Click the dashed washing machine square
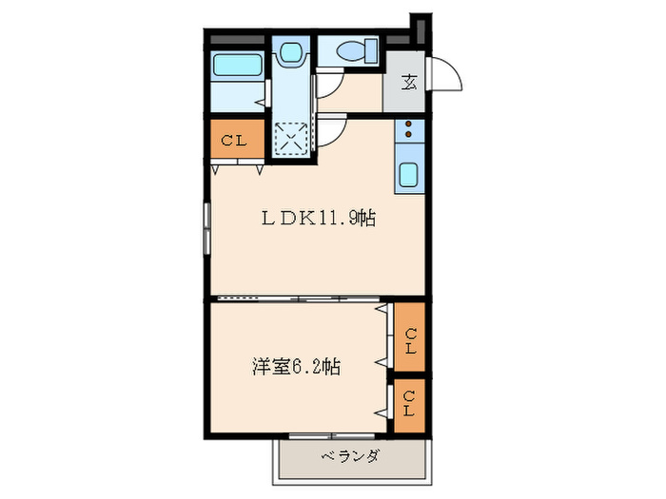pyautogui.click(x=291, y=140)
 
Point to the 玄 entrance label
pyautogui.click(x=407, y=83)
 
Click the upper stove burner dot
pyautogui.click(x=409, y=124)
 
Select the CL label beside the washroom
pyautogui.click(x=235, y=141)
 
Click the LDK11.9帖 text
pyautogui.click(x=318, y=218)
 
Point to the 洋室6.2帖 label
pyautogui.click(x=297, y=365)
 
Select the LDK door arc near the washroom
pyautogui.click(x=333, y=132)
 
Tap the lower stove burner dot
pyautogui.click(x=409, y=134)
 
